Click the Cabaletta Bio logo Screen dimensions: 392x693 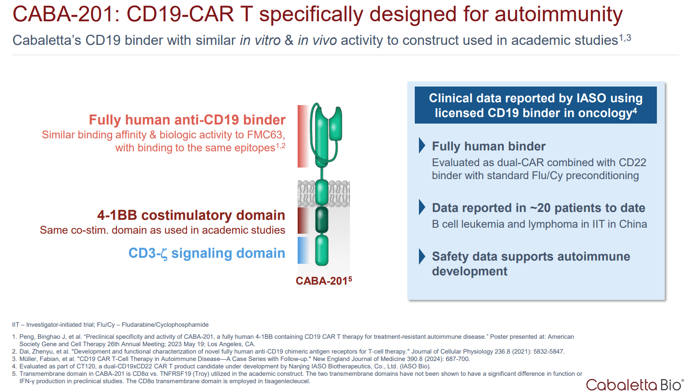(634, 385)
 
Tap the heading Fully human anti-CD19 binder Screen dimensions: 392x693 (187, 120)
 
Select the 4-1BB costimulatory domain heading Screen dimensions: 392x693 (191, 215)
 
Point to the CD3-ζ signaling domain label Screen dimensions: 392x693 (206, 253)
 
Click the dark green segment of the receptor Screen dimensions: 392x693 (322, 220)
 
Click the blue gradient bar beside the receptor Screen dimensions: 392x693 (303, 250)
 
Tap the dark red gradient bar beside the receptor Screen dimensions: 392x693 (303, 220)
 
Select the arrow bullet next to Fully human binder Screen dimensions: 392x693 (422, 145)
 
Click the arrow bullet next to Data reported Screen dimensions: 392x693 (422, 207)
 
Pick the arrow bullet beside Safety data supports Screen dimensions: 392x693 (422, 256)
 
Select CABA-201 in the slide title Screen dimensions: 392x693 (62, 14)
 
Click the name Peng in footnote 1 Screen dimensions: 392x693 (27, 336)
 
